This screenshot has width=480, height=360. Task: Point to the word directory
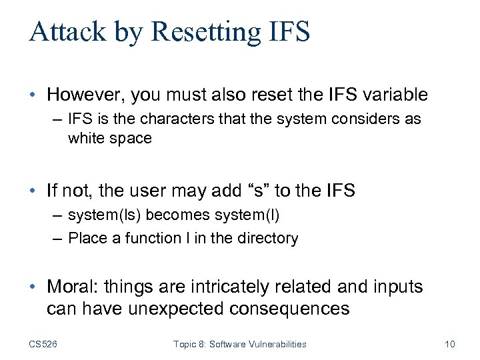tap(269, 239)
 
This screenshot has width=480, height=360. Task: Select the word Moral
tap(69, 287)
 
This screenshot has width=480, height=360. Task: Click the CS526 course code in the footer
tap(43, 344)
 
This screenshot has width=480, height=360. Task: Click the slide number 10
tap(449, 344)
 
